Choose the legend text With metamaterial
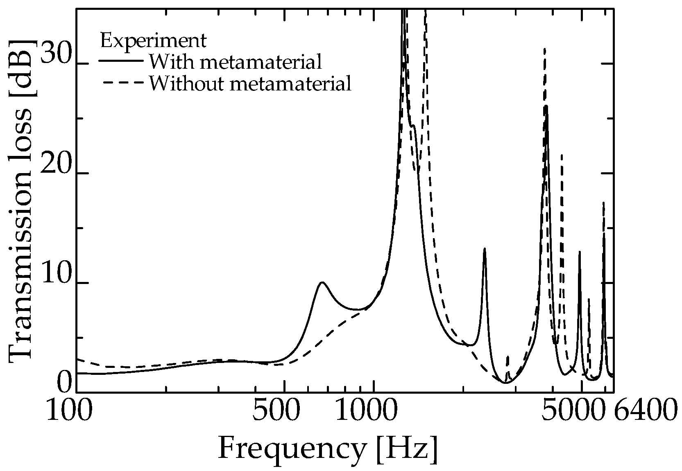[235, 62]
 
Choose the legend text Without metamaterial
[250, 84]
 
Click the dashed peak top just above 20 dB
[561, 155]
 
